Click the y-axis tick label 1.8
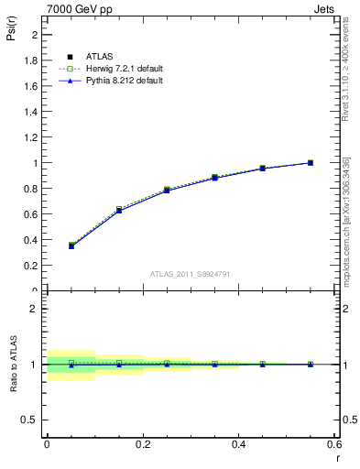pos(32,60)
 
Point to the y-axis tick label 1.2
pos(32,137)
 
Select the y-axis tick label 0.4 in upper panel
pos(32,240)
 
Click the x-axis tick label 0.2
pos(142,446)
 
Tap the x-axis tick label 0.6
pos(334,446)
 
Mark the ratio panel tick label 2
pos(36,309)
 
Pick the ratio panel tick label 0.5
pos(32,420)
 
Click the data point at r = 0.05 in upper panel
pos(71,245)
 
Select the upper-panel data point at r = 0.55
pos(311,163)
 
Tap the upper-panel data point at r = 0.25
pos(167,190)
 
